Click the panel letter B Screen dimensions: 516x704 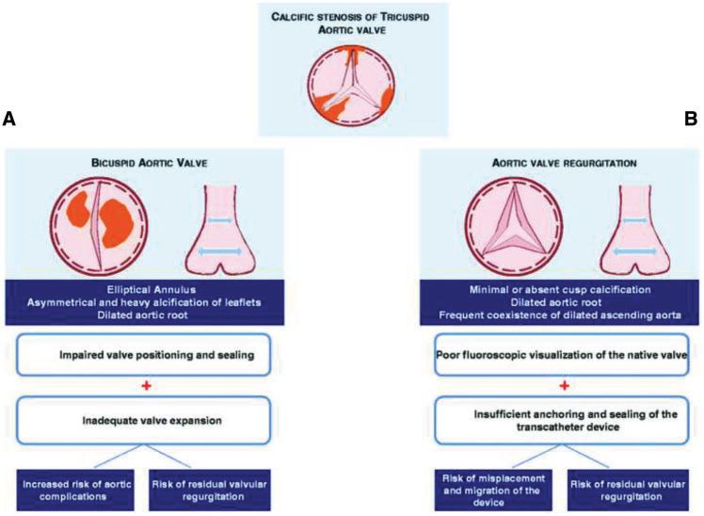click(x=691, y=119)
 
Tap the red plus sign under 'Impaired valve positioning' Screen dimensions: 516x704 click(x=143, y=386)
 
